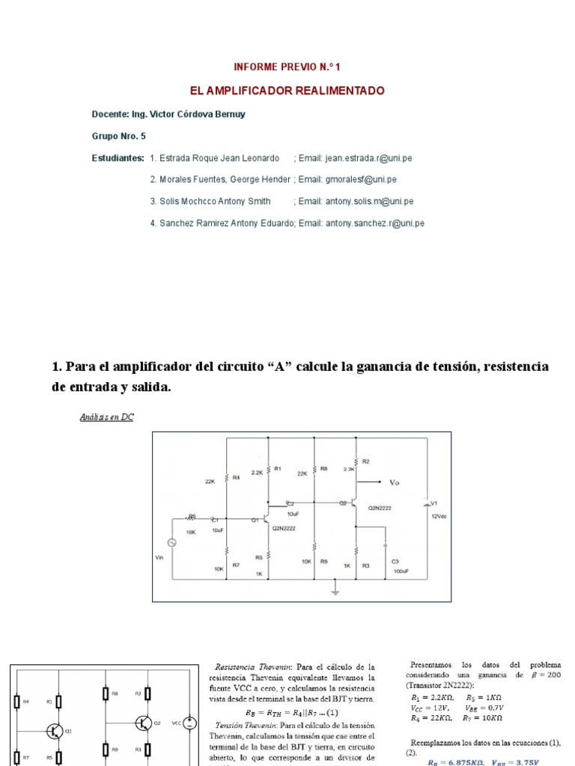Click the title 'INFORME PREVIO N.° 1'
click(287, 67)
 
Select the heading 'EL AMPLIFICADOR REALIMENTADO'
click(287, 91)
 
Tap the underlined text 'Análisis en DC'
click(106, 417)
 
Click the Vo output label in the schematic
click(395, 482)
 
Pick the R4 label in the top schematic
click(237, 477)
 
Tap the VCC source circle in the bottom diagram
click(190, 723)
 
